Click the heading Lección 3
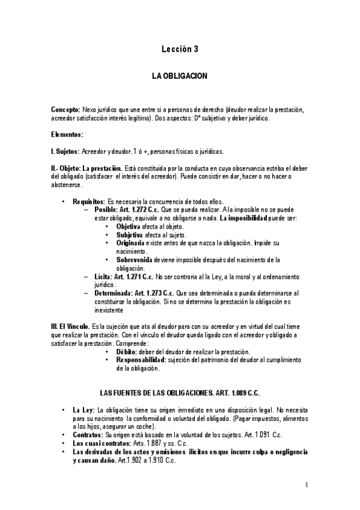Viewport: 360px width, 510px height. pyautogui.click(x=180, y=51)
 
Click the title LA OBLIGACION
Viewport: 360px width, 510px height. pyautogui.click(x=179, y=78)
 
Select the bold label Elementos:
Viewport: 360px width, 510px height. pyautogui.click(x=67, y=134)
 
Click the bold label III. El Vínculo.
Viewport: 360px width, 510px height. pyautogui.click(x=72, y=326)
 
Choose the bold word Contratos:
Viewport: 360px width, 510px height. pyautogui.click(x=87, y=434)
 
